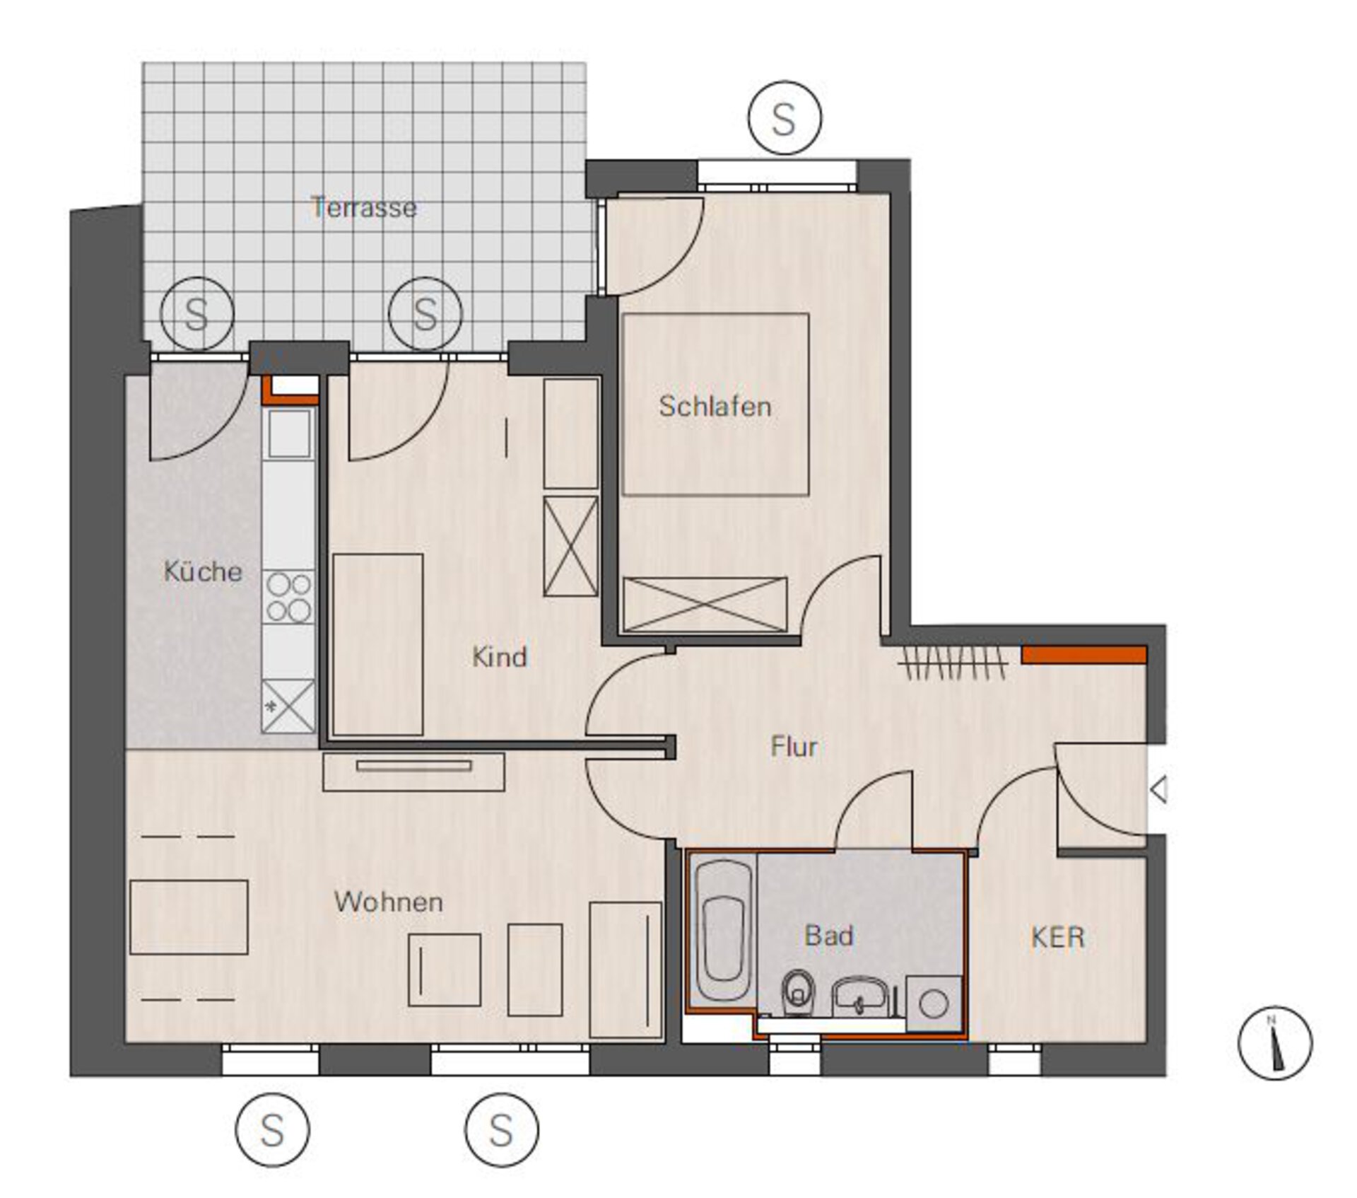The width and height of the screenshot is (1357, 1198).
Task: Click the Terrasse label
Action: click(364, 207)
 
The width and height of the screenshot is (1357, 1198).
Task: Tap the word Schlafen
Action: click(715, 406)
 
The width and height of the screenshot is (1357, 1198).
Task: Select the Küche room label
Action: click(203, 571)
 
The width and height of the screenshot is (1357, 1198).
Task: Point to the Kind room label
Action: click(500, 656)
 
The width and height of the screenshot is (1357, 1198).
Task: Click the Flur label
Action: click(794, 746)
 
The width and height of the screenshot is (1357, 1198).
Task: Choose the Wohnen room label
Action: click(389, 902)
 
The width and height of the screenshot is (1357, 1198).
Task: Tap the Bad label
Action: click(829, 936)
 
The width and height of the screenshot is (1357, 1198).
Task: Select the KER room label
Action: click(1057, 937)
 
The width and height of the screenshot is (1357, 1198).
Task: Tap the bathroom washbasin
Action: click(859, 997)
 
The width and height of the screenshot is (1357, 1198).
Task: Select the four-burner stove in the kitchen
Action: click(288, 598)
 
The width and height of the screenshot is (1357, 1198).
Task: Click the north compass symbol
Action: click(1275, 1043)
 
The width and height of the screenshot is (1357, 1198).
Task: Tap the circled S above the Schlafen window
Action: click(785, 117)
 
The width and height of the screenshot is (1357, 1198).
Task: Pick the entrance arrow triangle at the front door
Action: click(1158, 789)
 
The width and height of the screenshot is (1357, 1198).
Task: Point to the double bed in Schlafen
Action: click(715, 404)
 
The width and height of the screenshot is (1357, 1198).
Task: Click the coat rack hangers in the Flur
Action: click(953, 663)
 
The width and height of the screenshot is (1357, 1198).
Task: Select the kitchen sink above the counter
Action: click(289, 433)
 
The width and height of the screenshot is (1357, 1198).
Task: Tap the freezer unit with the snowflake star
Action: click(288, 706)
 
